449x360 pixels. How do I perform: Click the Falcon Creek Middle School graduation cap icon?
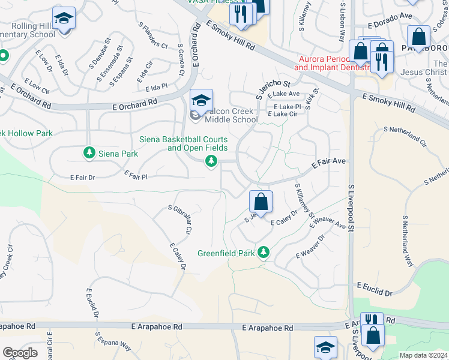201,100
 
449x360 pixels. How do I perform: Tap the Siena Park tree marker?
89,154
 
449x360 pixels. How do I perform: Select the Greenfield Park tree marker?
263,252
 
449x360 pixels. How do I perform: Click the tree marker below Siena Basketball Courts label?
211,161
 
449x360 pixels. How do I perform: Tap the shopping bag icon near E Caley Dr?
261,202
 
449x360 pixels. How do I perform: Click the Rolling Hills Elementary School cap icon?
63,19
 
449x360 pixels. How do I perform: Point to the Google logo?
20,353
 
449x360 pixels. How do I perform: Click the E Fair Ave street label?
328,161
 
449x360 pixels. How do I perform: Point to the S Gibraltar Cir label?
181,218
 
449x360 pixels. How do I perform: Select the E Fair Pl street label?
136,175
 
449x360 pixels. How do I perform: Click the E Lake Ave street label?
284,94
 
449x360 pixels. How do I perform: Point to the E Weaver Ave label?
328,229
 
